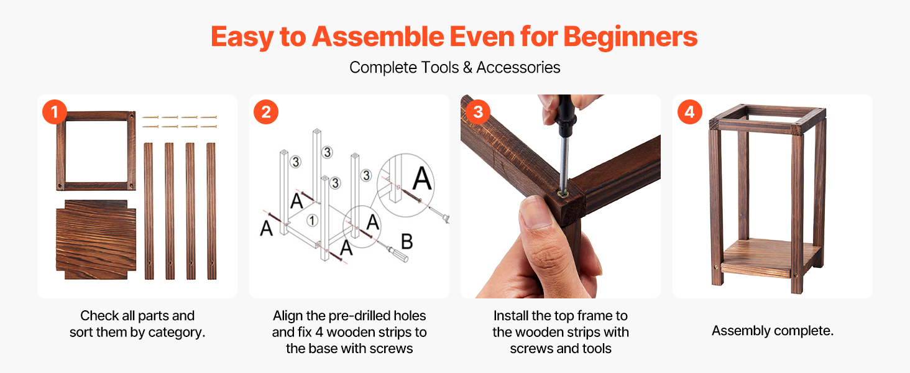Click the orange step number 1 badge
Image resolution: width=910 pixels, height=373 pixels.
pyautogui.click(x=55, y=112)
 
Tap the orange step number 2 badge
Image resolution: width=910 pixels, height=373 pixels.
pyautogui.click(x=266, y=112)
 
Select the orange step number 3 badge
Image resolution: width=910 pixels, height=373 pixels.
pyautogui.click(x=478, y=112)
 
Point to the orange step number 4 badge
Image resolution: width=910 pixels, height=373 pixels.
pyautogui.click(x=690, y=112)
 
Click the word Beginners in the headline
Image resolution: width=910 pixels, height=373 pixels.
pyautogui.click(x=630, y=37)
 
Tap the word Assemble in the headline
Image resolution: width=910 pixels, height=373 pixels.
pyautogui.click(x=378, y=37)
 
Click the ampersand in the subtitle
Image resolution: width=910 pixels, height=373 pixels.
pyautogui.click(x=467, y=67)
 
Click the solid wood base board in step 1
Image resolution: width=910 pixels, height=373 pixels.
pyautogui.click(x=96, y=239)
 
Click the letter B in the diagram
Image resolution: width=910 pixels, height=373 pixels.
pyautogui.click(x=407, y=241)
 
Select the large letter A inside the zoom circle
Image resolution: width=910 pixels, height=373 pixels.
pyautogui.click(x=421, y=178)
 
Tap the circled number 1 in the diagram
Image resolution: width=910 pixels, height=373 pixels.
pyautogui.click(x=312, y=221)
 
